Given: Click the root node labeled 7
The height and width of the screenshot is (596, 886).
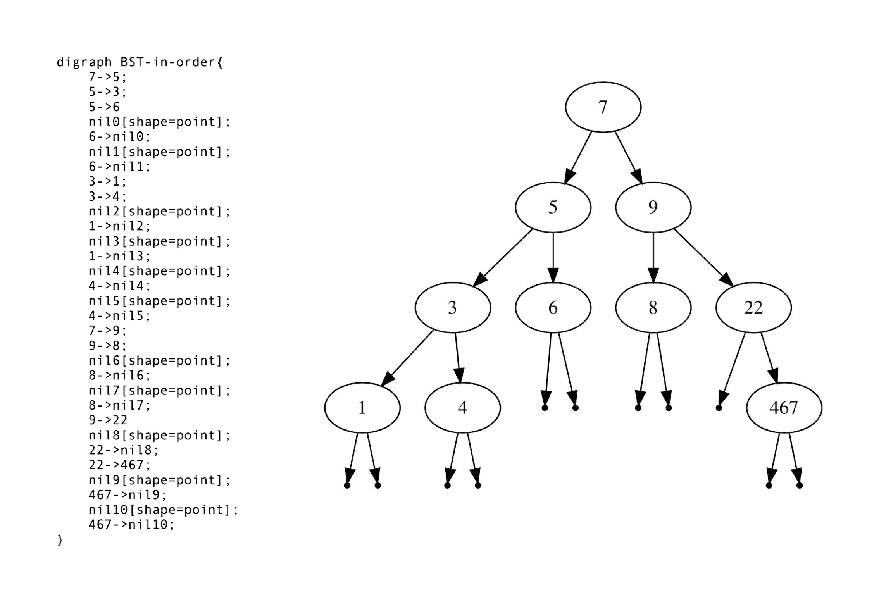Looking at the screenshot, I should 603,107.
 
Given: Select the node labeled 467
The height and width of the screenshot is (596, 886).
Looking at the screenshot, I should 784,408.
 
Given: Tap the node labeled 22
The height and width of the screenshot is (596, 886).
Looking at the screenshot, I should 753,308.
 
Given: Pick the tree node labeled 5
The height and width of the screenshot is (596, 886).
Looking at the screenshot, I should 553,207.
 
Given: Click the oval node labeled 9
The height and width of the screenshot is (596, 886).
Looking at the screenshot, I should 653,207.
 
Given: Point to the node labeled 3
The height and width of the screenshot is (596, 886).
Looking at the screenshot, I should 452,308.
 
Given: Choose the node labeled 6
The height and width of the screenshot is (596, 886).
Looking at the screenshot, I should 553,308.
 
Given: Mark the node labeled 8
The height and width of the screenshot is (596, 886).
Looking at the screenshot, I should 653,308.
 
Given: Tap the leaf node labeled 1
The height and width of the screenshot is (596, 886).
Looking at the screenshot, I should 362,408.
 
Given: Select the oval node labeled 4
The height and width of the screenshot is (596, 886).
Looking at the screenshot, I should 462,408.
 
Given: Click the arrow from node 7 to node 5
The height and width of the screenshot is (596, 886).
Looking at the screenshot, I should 578,157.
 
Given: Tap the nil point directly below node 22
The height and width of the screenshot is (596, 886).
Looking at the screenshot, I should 719,408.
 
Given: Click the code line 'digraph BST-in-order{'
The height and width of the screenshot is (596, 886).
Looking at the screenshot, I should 140,62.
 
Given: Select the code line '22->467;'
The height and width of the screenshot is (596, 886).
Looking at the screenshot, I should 119,465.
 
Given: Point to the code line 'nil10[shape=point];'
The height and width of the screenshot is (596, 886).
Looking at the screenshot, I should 163,510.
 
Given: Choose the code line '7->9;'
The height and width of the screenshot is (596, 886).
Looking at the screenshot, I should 107,331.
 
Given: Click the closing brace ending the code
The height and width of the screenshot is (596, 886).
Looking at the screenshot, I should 60,540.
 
